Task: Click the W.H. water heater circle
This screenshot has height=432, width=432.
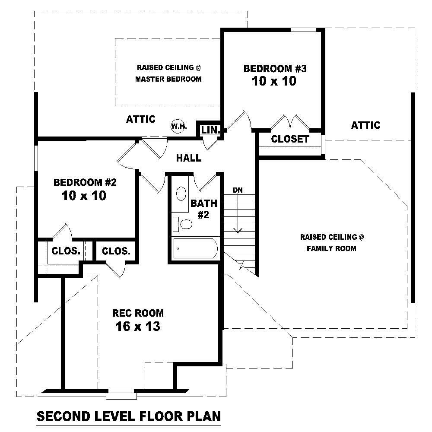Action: [x=178, y=126]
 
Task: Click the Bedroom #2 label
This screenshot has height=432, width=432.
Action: [x=85, y=182]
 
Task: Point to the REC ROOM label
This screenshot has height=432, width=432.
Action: [x=138, y=313]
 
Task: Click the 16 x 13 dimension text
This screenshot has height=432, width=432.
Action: [x=138, y=327]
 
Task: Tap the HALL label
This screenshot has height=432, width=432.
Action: [x=189, y=158]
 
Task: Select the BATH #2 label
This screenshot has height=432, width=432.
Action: [x=203, y=208]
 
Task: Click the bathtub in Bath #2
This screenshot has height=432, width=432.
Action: [x=196, y=249]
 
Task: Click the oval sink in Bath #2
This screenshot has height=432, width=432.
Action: [x=182, y=194]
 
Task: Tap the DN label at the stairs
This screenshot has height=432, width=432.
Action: [x=238, y=190]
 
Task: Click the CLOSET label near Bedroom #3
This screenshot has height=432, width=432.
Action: [x=290, y=139]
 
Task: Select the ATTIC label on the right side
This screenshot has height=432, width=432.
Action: [x=365, y=125]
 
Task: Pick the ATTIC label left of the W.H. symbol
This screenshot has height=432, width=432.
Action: [x=140, y=119]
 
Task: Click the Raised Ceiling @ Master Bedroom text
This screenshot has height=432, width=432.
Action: [x=168, y=73]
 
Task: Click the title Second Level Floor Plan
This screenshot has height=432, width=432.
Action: [x=129, y=416]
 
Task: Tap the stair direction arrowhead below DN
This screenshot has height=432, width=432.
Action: [x=237, y=230]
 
